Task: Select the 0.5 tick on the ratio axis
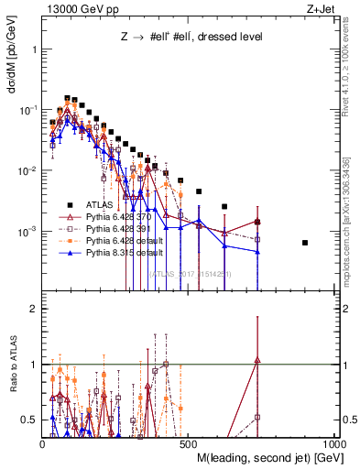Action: [x=30, y=420]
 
